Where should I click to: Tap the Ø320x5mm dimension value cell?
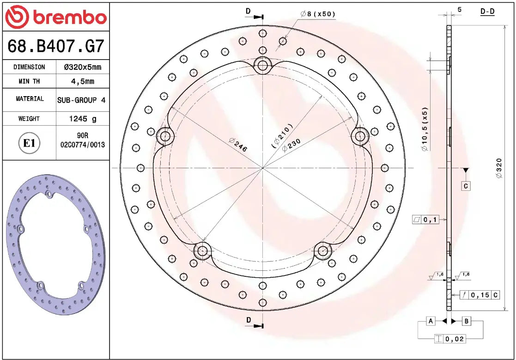[82, 67]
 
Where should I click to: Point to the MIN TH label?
[29, 81]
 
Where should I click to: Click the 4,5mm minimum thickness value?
[82, 81]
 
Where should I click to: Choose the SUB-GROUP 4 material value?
[81, 100]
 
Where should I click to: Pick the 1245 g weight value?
[82, 119]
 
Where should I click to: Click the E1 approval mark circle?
[29, 143]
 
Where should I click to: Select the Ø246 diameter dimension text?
[238, 145]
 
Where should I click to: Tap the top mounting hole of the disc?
[263, 65]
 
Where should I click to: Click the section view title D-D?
[487, 11]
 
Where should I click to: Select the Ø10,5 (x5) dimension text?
[425, 129]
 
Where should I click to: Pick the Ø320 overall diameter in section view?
[498, 168]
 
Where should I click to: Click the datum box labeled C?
[466, 186]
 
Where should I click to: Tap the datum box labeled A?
[431, 321]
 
